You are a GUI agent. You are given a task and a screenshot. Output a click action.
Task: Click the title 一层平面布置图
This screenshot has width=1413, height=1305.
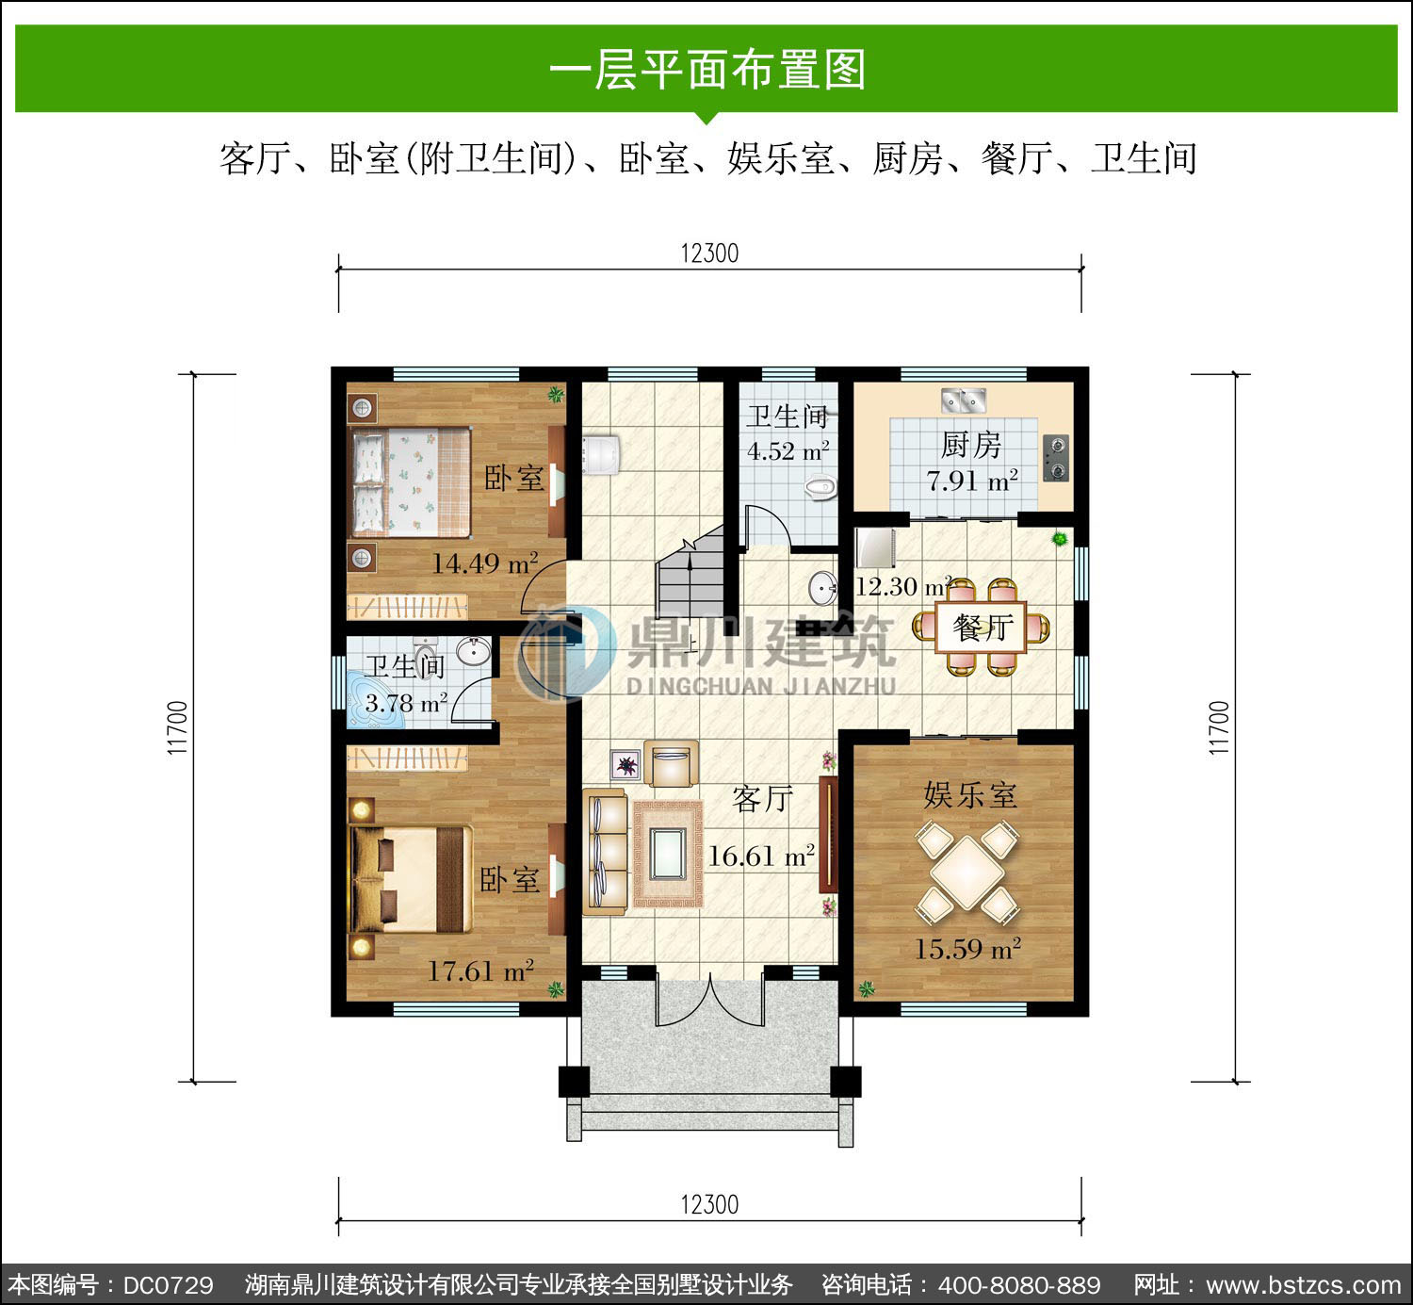[x=707, y=70]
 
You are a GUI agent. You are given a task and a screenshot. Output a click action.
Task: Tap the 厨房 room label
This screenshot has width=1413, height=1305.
[x=970, y=446]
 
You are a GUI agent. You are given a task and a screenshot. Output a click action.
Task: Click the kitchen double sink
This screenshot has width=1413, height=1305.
[x=964, y=400]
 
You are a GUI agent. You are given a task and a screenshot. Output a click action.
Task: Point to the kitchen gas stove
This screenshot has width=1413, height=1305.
[x=1056, y=458]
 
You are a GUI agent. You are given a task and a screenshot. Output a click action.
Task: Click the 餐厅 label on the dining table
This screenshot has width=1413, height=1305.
[x=983, y=628]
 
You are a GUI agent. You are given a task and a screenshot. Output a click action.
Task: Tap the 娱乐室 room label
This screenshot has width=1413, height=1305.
[x=969, y=795]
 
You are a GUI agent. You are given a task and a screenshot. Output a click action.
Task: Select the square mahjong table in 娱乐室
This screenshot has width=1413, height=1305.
[x=966, y=873]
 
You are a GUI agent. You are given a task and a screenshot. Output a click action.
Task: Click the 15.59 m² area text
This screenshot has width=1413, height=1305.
[x=967, y=949]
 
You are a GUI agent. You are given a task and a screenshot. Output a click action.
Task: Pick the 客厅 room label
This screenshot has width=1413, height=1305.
[x=763, y=800]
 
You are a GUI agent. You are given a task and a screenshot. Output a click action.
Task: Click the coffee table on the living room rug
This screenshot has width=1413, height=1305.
[x=667, y=854]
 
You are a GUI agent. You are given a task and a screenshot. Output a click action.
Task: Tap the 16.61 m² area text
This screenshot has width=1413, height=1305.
[x=761, y=856]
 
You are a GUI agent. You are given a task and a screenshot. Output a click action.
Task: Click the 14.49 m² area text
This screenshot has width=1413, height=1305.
[x=484, y=563]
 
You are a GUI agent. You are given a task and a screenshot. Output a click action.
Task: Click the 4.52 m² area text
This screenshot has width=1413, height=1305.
[x=788, y=450]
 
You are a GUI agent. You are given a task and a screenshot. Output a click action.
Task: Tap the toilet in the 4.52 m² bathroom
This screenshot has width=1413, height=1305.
[x=821, y=488]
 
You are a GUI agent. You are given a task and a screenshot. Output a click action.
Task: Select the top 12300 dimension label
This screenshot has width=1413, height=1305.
[x=709, y=253]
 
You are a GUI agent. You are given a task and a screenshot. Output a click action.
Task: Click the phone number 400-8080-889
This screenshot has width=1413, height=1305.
[x=1019, y=1285]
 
